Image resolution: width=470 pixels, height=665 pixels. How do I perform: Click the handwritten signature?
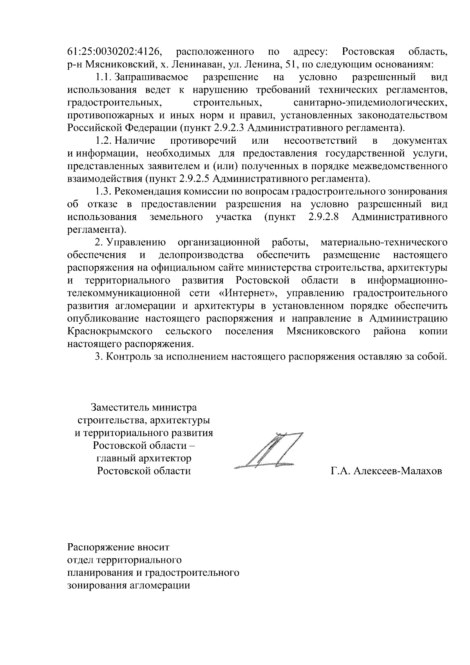click(270, 450)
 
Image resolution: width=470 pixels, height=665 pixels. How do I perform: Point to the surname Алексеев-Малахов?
click(398, 471)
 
